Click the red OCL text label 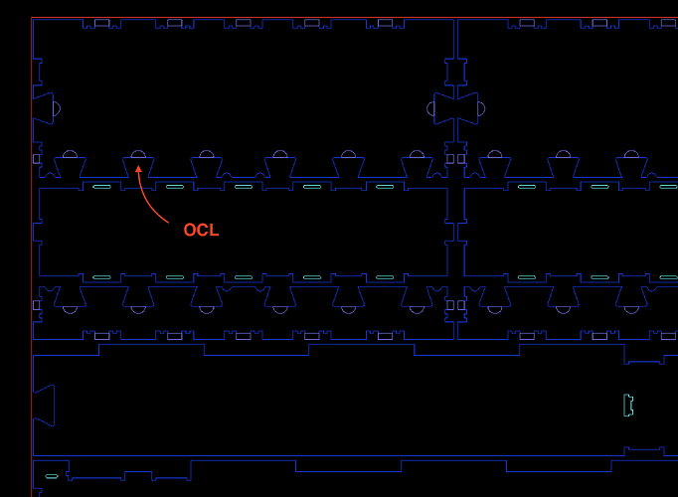coord(201,231)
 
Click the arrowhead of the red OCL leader coord(138,168)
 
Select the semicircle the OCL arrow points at coord(136,155)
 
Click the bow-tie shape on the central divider coord(456,107)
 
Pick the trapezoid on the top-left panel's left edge coord(43,107)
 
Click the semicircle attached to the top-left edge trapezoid coord(57,107)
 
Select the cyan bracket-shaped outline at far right coord(628,405)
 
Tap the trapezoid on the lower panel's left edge coord(44,405)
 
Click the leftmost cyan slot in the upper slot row coord(100,186)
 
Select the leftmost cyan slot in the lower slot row coord(100,277)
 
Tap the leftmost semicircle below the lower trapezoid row coord(70,309)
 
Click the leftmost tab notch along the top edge coord(102,23)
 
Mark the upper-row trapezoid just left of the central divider coord(417,169)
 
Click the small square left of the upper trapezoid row coord(37,158)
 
